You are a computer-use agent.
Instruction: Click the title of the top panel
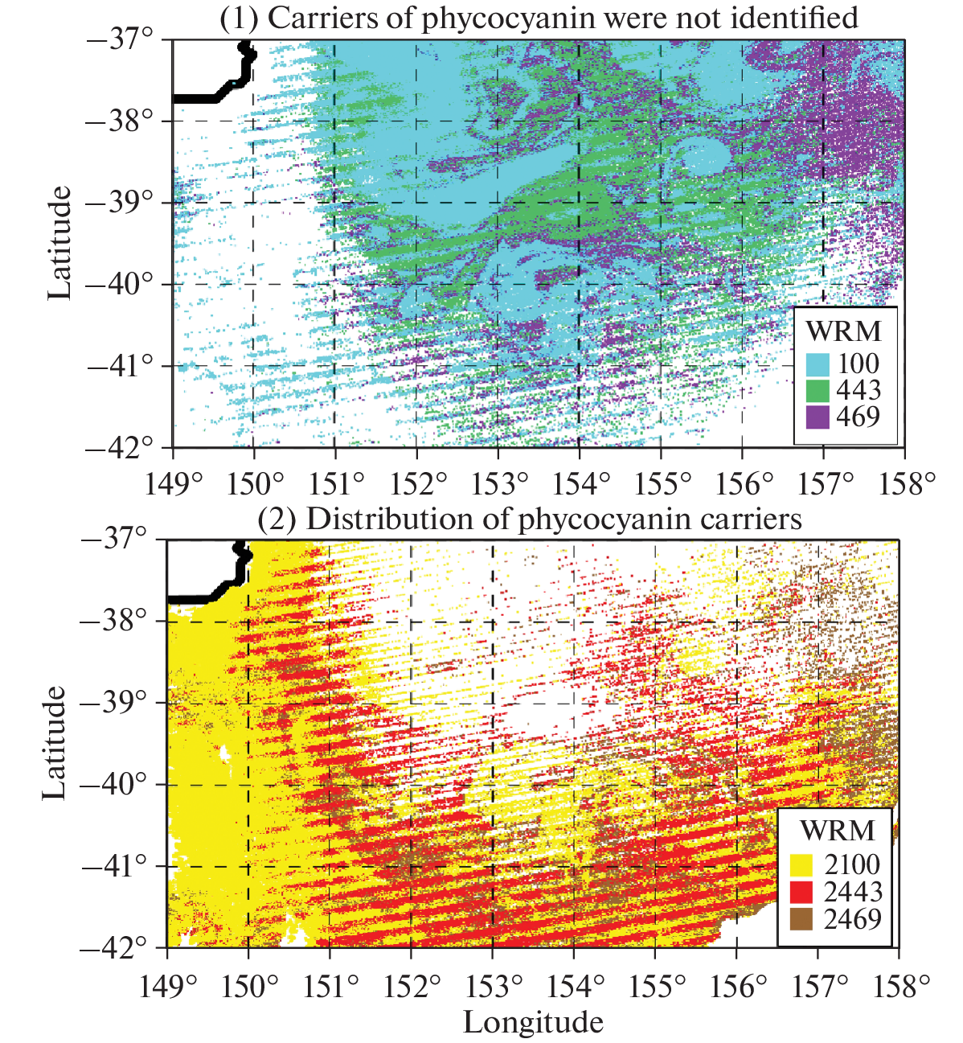539,18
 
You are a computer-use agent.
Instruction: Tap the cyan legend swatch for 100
818,364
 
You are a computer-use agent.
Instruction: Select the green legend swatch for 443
818,391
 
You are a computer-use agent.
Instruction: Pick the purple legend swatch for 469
818,417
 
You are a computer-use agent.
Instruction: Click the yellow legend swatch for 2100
802,865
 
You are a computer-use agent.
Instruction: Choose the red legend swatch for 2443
802,892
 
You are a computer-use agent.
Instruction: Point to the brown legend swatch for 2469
802,918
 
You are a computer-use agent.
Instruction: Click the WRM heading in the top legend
843,331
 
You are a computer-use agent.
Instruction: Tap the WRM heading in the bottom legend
837,831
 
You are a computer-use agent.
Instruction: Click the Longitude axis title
533,1022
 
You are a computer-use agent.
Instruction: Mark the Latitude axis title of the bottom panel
55,742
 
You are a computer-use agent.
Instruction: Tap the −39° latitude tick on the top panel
121,203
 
